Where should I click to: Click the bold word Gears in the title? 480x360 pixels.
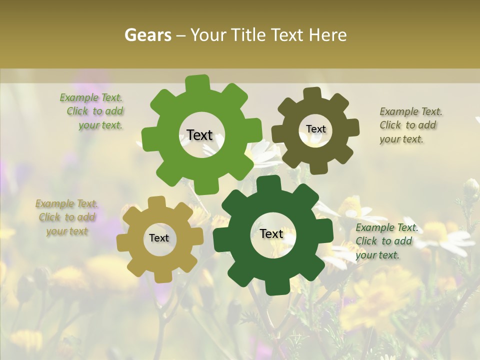[147, 35]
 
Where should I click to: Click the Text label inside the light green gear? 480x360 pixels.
[199, 135]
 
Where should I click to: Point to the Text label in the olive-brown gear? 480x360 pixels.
[315, 129]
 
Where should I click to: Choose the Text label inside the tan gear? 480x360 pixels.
[159, 238]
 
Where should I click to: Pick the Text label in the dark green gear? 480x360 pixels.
[271, 233]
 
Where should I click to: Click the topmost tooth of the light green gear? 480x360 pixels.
[197, 82]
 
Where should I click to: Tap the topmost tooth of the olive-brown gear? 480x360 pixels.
[312, 93]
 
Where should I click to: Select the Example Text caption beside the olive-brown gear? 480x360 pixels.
[410, 125]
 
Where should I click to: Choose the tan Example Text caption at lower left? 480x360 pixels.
[66, 217]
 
